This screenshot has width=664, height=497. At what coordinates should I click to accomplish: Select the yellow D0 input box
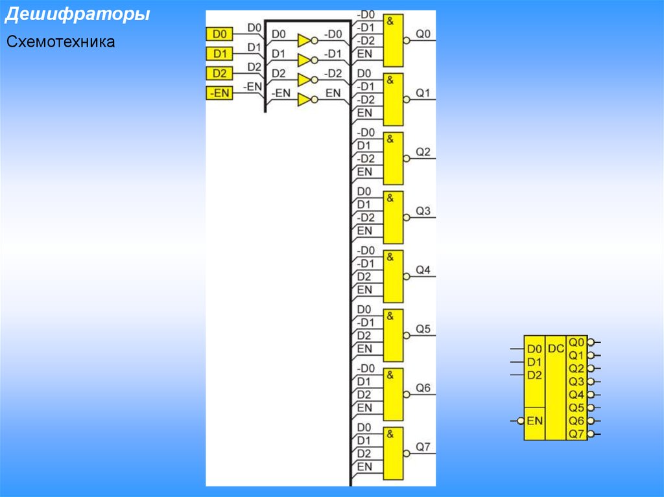(x=219, y=33)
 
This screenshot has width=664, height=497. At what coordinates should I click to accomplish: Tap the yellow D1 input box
(x=219, y=53)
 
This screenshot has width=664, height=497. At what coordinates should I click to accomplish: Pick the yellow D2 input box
(x=219, y=73)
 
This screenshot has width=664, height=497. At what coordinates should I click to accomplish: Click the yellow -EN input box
(x=219, y=93)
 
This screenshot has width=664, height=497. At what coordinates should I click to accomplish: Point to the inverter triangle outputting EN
(x=305, y=100)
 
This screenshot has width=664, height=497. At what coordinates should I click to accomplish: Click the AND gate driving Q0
(x=393, y=40)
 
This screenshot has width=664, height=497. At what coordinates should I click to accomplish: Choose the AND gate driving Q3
(x=393, y=217)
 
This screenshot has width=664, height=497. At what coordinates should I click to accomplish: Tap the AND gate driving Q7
(x=393, y=453)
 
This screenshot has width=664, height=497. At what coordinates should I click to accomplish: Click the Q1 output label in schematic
(x=423, y=93)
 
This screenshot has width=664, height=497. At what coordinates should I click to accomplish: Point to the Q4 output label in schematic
(x=423, y=270)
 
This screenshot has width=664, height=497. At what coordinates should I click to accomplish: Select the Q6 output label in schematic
(x=423, y=388)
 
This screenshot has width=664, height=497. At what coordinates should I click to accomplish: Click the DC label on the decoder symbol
(x=556, y=349)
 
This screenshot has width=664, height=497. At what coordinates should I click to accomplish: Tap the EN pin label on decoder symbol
(x=534, y=421)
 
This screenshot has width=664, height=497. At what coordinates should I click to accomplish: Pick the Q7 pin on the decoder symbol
(x=576, y=433)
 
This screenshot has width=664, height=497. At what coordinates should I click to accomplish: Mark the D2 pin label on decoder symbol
(x=534, y=375)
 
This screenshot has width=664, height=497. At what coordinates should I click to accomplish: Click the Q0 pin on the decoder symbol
(x=576, y=341)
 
